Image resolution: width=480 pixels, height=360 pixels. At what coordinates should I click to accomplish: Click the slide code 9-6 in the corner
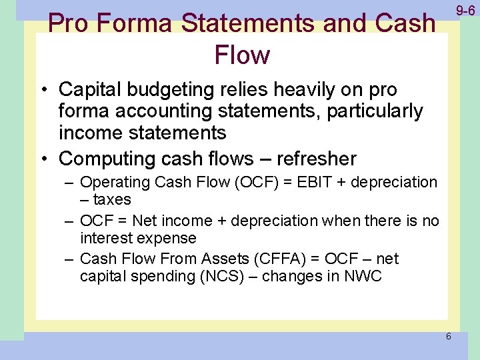click(465, 11)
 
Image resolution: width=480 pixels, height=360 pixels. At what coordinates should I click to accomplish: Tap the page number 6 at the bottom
click(448, 336)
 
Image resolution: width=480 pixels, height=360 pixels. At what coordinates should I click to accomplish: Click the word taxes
click(111, 199)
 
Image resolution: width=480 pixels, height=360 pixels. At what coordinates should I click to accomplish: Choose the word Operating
click(115, 182)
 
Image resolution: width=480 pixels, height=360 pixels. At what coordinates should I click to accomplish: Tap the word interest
click(105, 238)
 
